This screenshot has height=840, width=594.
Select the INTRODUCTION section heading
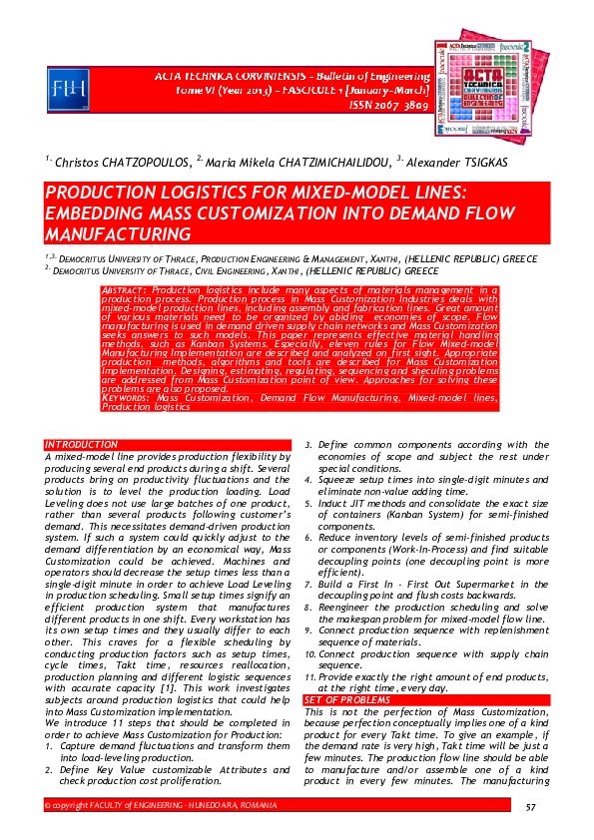click(81, 444)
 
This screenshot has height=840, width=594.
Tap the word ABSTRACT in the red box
click(126, 289)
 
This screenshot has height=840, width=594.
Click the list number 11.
click(308, 677)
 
